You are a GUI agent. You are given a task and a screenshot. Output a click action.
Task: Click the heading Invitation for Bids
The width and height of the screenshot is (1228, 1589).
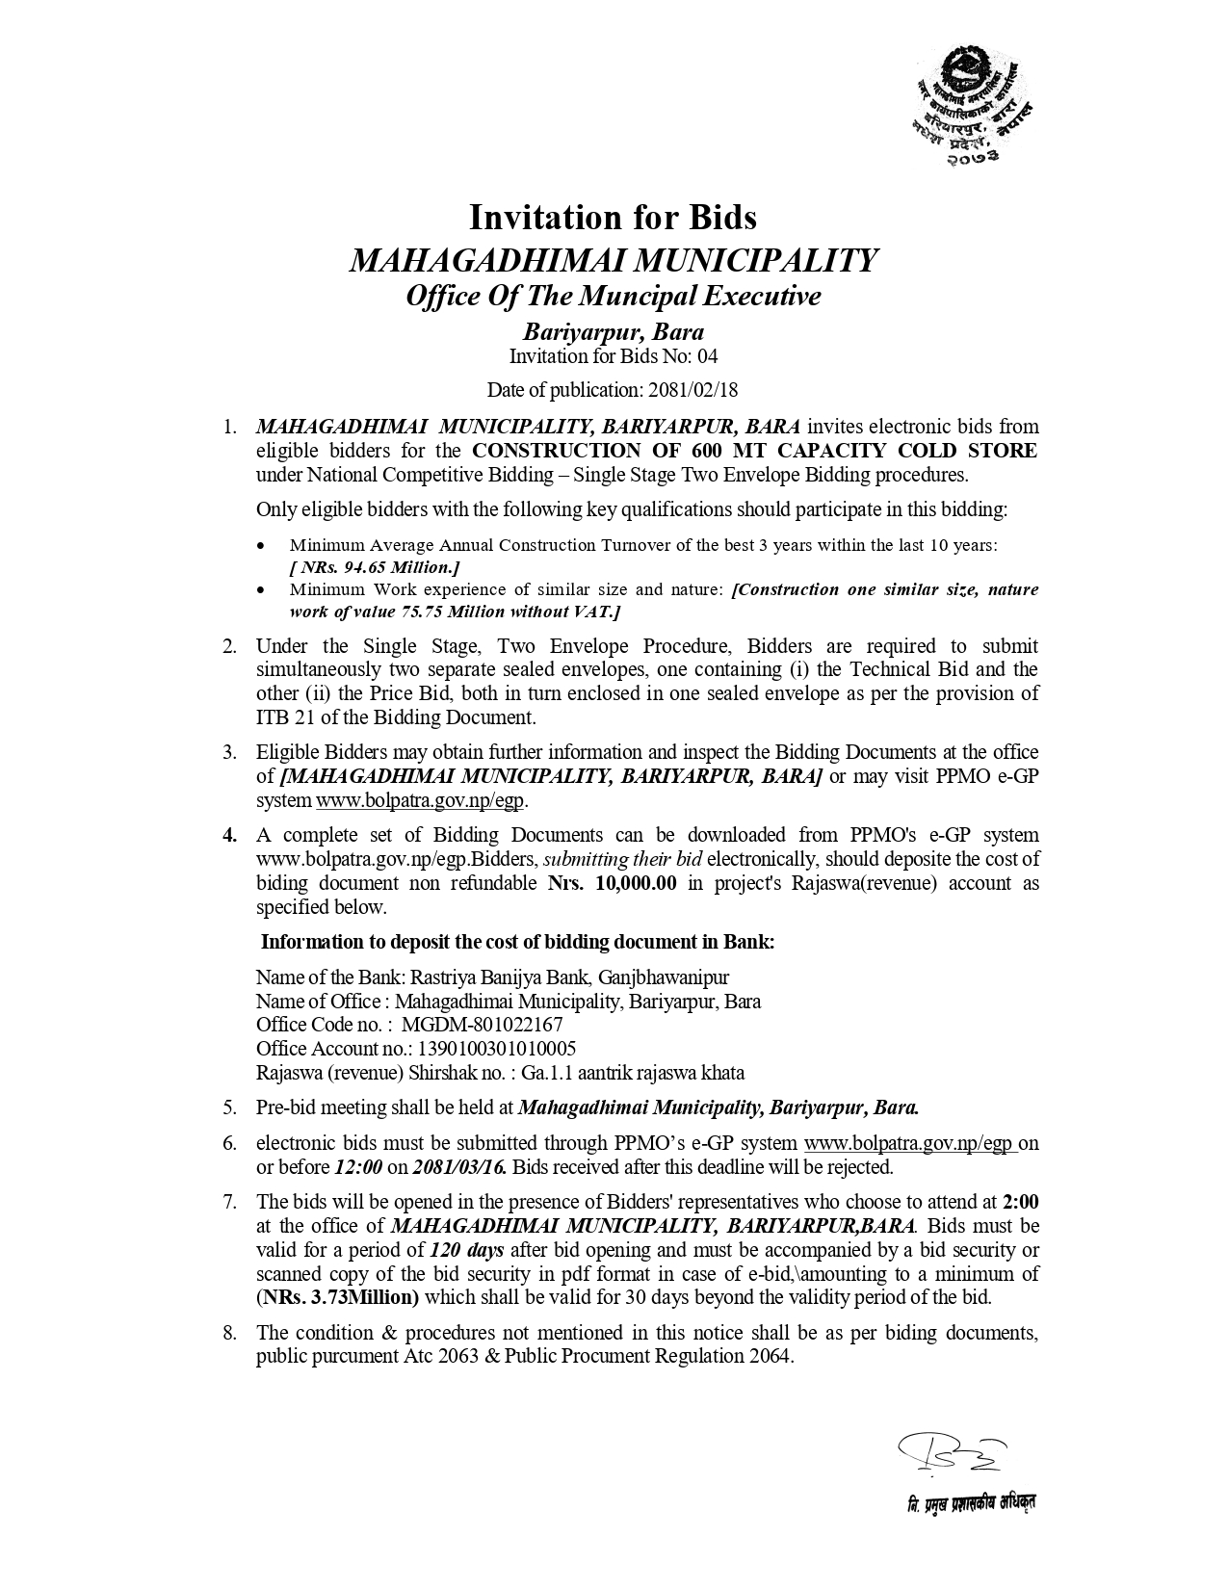coord(613,218)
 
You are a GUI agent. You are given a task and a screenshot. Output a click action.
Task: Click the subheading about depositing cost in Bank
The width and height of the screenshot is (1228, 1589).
coord(518,942)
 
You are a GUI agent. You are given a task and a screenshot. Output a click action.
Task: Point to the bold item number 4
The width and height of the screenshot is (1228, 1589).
coord(229,835)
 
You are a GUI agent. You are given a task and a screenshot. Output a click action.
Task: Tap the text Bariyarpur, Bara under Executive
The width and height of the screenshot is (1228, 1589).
coord(613,333)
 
